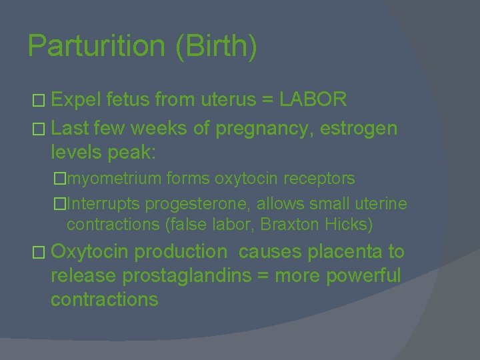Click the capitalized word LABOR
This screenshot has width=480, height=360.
tap(313, 100)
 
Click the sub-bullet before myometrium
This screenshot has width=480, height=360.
tap(61, 179)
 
